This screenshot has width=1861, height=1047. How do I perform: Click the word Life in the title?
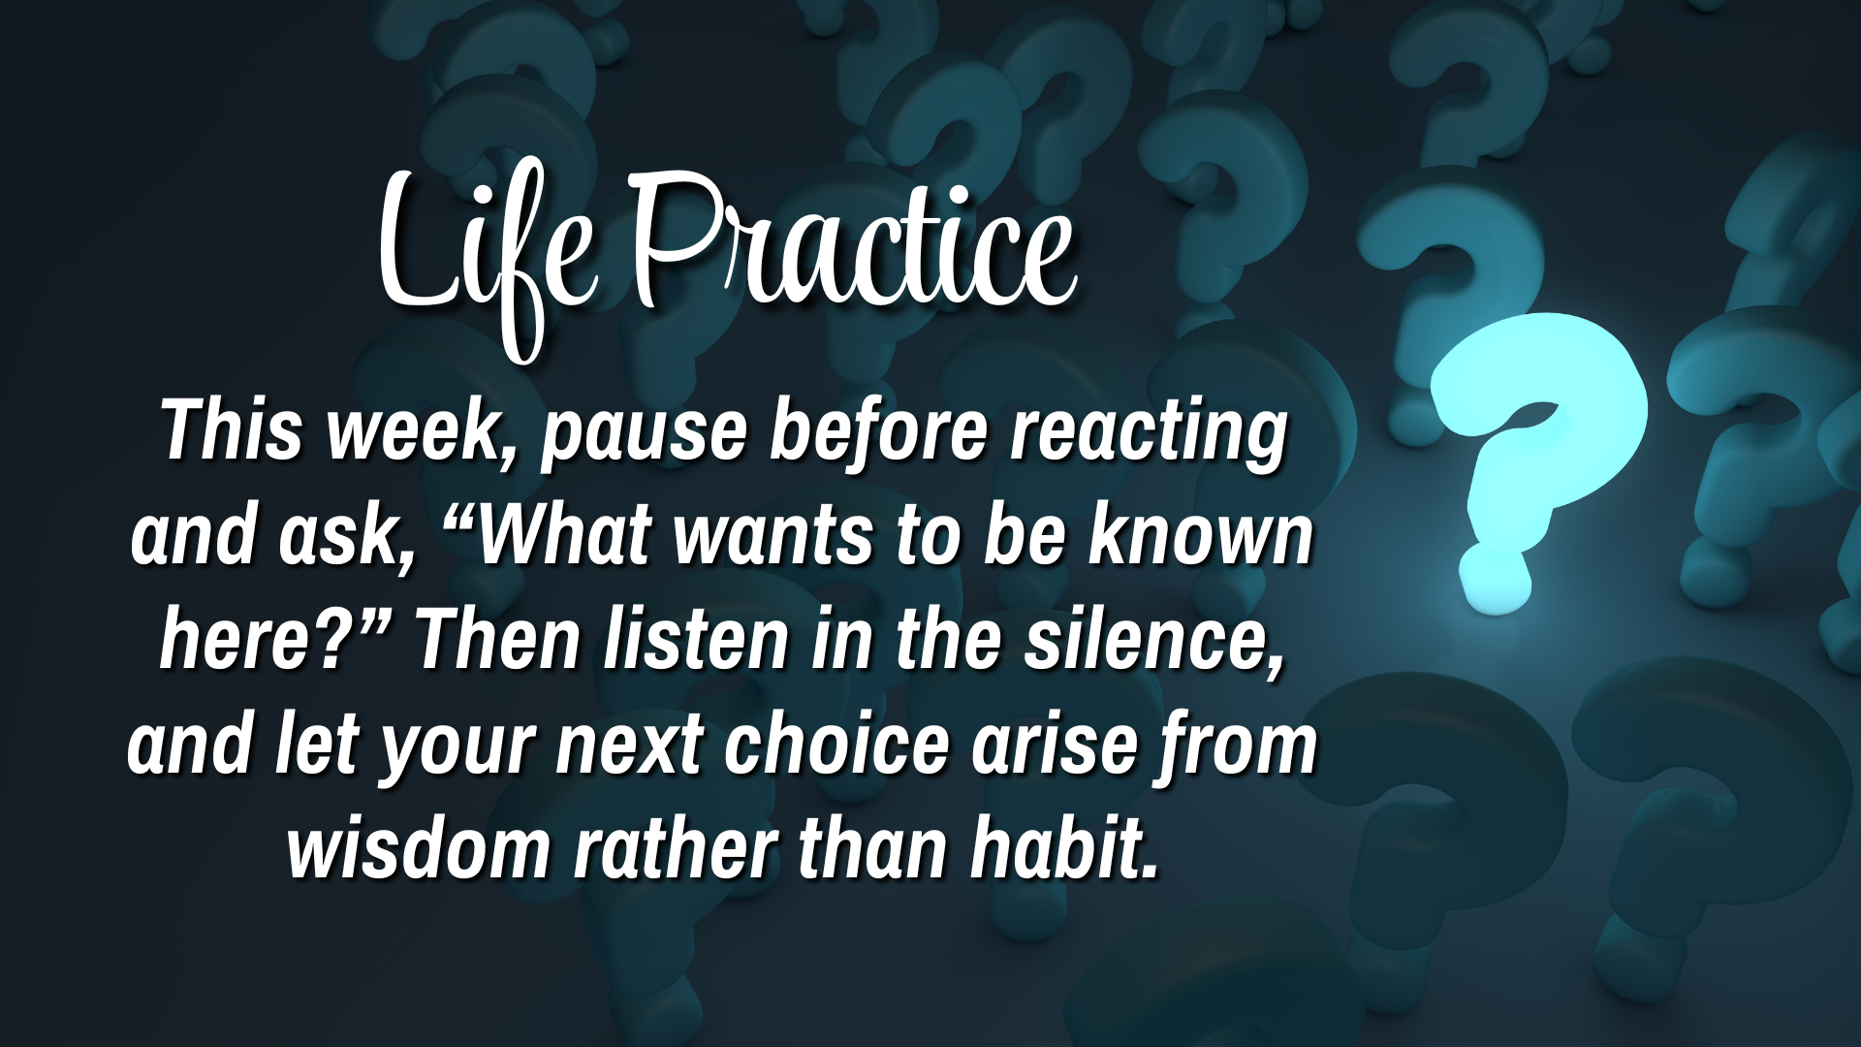(485, 247)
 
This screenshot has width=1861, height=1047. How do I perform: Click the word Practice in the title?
(853, 242)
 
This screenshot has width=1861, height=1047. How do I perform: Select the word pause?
(644, 432)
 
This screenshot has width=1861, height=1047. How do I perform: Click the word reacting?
(1149, 432)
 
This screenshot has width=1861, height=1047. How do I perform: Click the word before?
(878, 432)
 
